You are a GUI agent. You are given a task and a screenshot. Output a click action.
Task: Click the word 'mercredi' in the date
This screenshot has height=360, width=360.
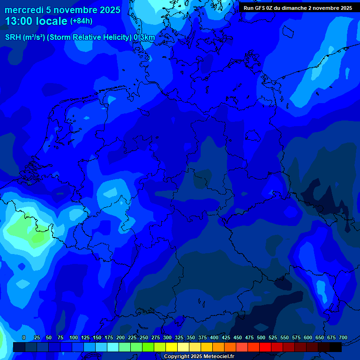[x=24, y=10]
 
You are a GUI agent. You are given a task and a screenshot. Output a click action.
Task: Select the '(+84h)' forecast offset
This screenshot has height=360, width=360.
[x=81, y=21]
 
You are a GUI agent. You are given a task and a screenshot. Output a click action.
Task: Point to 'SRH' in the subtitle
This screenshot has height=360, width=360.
[x=14, y=37]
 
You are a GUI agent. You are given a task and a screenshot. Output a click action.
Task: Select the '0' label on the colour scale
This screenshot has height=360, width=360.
[x=24, y=337]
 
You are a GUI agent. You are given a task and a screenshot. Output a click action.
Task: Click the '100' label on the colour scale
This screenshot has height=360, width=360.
[x=74, y=337]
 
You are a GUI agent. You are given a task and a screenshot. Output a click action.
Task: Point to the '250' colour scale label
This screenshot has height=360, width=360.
[x=144, y=337]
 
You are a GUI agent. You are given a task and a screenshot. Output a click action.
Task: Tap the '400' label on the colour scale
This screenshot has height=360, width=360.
[x=214, y=337]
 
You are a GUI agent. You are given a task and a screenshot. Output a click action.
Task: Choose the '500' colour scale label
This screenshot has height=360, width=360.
[x=261, y=337]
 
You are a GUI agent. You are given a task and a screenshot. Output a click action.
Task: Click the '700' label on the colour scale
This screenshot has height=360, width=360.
[x=343, y=337]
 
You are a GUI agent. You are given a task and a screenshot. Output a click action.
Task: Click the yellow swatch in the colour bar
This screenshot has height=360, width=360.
[x=172, y=347]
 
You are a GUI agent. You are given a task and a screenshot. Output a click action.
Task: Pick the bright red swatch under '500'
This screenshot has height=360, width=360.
[x=265, y=347]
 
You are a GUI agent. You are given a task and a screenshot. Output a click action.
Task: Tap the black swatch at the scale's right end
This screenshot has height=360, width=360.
[x=336, y=347]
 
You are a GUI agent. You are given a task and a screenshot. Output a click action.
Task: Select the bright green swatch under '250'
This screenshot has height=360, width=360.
[x=148, y=347]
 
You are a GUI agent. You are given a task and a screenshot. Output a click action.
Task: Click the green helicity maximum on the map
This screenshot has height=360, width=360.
[x=37, y=237]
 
